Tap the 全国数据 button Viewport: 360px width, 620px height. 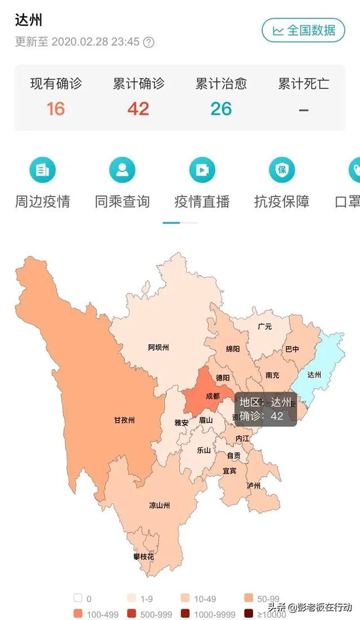pos(303,30)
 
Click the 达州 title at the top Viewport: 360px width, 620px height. pos(29,20)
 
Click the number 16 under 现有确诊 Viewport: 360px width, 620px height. pos(56,108)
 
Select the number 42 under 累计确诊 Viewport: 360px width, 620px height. pos(138,108)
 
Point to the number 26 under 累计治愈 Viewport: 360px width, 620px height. pos(221,108)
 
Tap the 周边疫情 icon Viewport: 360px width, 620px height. pos(42,169)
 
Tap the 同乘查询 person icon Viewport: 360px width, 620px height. pos(122,169)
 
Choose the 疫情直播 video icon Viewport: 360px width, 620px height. pos(202,169)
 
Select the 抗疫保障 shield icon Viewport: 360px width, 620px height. pos(282,169)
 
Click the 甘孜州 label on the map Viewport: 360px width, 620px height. pos(124,420)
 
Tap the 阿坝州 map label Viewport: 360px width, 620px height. pos(158,347)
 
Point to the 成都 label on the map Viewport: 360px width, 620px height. pos(212,396)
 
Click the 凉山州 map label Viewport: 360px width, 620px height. pos(159,506)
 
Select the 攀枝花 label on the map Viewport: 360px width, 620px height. pos(142,557)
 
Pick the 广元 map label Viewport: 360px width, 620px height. pos(265,327)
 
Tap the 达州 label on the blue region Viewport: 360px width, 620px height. pos(313,375)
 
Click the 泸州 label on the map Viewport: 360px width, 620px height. pos(253,486)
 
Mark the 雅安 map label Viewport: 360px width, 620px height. pos(181,423)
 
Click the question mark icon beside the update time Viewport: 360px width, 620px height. pos(149,42)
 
